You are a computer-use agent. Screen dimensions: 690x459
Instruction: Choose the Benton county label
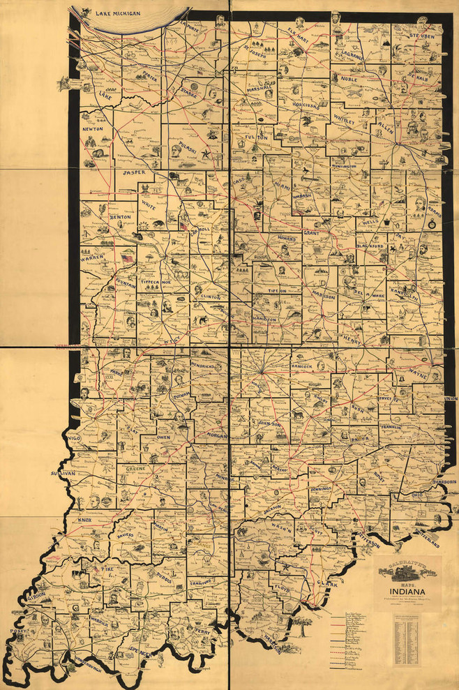(x=120, y=218)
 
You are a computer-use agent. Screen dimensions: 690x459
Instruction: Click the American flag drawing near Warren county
(x=127, y=258)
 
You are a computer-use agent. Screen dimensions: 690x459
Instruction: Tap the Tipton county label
(x=278, y=290)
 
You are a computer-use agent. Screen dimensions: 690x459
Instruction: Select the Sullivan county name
(x=62, y=473)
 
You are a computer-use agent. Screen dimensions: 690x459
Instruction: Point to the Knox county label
(x=84, y=520)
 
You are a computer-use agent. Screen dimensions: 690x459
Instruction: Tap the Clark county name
(x=327, y=583)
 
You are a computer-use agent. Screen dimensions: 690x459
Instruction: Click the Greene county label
(x=135, y=469)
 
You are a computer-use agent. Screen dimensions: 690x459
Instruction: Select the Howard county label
(x=287, y=239)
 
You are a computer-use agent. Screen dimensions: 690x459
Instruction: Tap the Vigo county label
(x=75, y=436)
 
